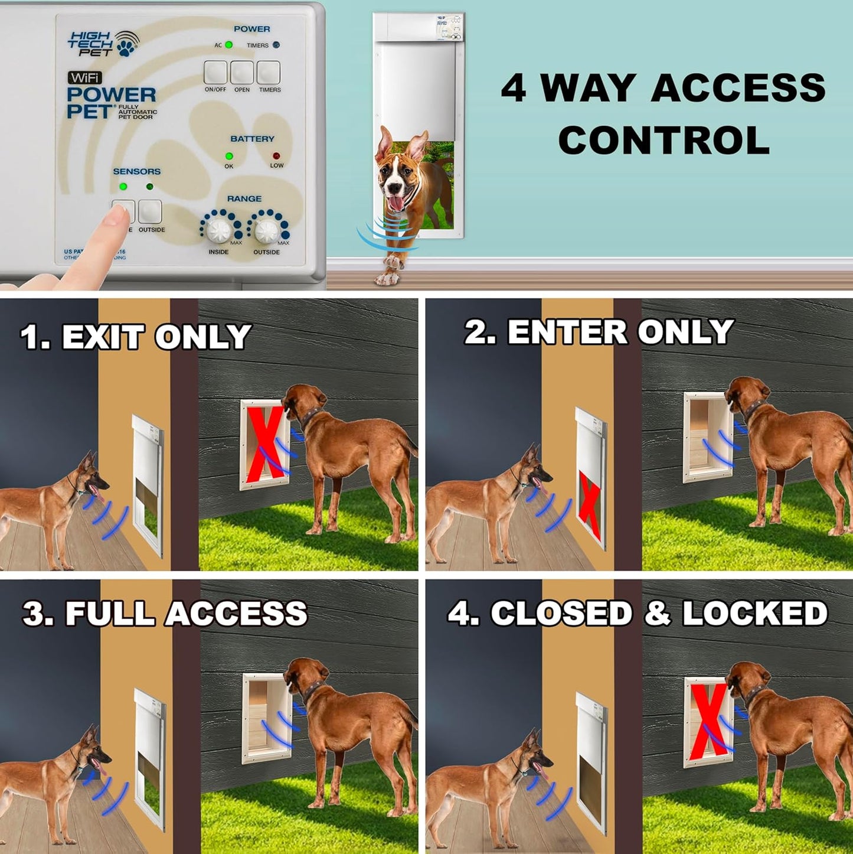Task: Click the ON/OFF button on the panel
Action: click(215, 73)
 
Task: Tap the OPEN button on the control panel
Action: click(242, 73)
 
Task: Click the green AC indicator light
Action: click(229, 45)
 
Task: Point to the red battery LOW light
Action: click(276, 157)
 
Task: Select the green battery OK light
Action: click(229, 157)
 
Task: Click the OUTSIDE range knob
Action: click(267, 230)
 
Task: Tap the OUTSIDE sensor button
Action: click(151, 211)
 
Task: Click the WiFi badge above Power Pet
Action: click(85, 77)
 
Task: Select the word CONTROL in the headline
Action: click(664, 141)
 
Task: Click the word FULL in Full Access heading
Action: click(110, 614)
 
